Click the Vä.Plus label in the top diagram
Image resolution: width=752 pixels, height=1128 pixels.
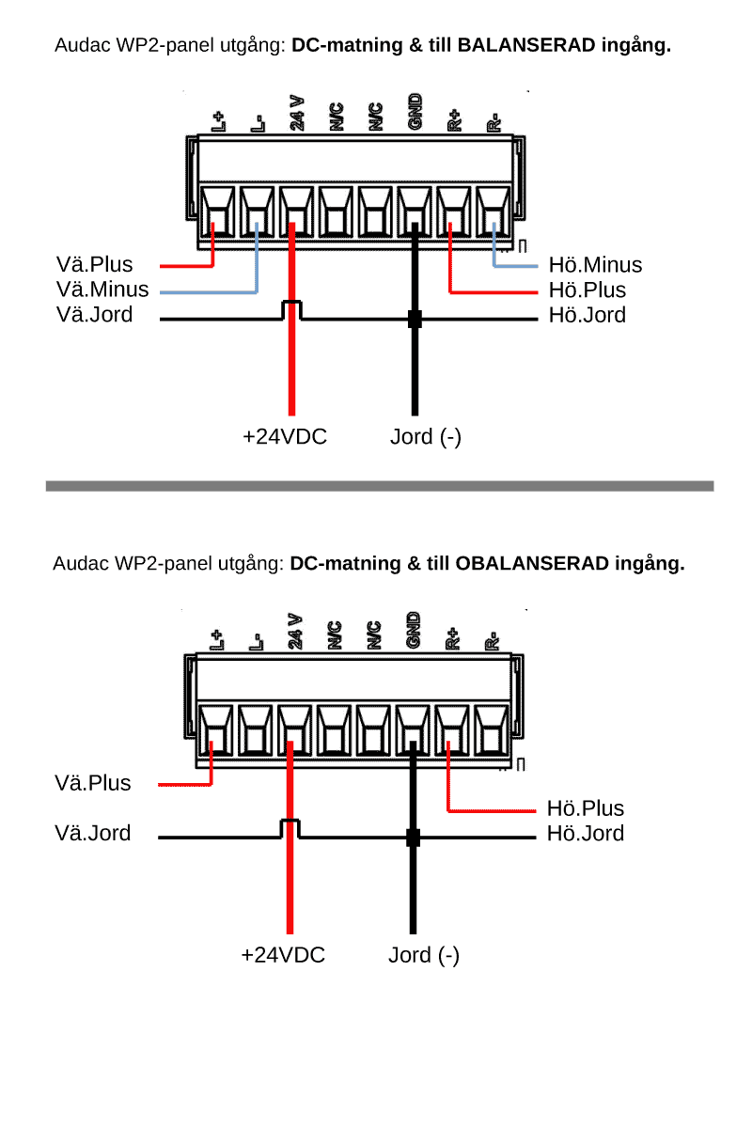tap(94, 265)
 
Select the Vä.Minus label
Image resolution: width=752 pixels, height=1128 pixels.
tap(102, 290)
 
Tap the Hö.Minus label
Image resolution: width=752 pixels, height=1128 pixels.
tap(595, 265)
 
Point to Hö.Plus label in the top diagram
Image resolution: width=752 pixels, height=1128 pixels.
tap(587, 290)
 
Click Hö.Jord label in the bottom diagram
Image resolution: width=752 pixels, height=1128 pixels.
tap(585, 833)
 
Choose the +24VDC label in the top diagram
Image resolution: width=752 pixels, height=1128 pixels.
tap(285, 437)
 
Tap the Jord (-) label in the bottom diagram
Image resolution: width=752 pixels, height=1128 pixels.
tap(424, 956)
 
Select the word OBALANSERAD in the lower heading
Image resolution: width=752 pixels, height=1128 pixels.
tap(531, 564)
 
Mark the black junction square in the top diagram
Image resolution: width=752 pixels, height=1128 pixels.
tap(414, 320)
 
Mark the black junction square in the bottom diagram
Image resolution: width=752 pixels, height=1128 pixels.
tap(412, 838)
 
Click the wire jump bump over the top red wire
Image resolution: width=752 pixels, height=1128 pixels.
tap(292, 306)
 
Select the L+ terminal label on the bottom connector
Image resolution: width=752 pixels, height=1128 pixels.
tap(216, 640)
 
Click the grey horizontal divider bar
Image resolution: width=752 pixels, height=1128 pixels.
tap(380, 486)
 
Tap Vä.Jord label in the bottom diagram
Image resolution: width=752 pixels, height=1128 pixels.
tap(93, 833)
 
